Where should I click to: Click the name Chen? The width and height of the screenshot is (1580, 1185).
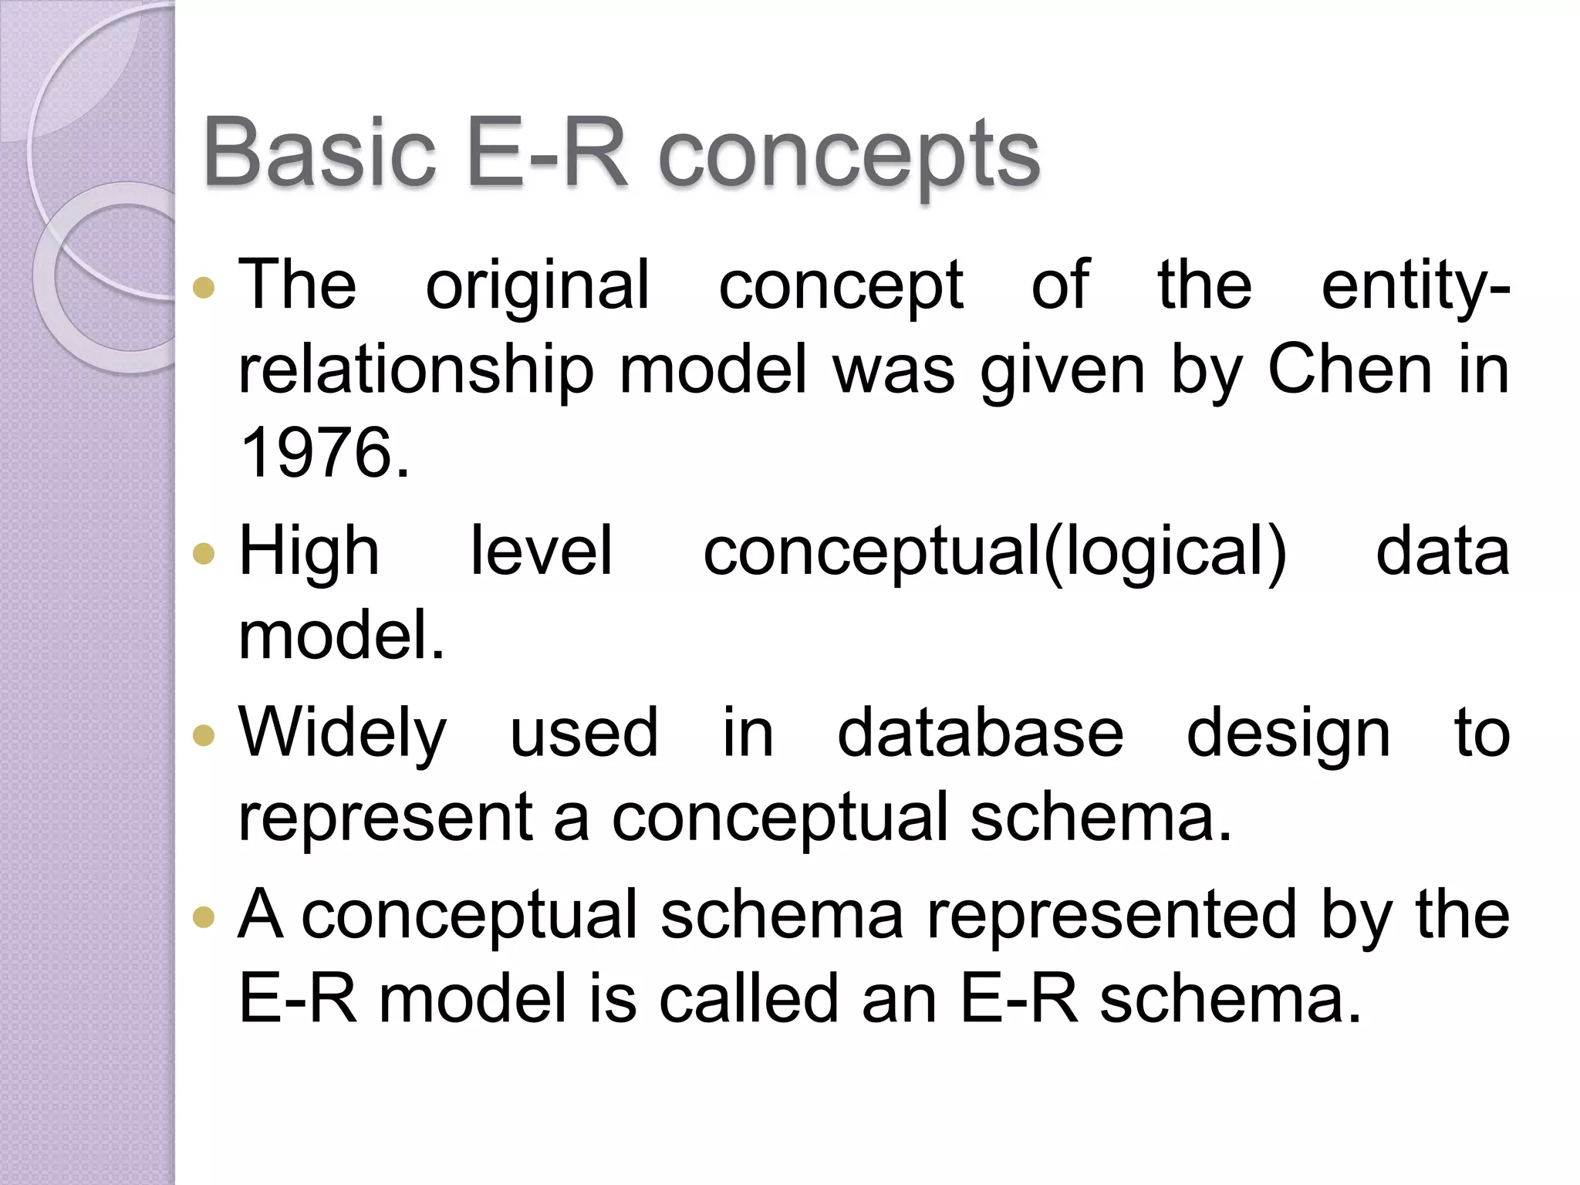pyautogui.click(x=1349, y=370)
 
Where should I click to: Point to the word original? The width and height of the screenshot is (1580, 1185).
pyautogui.click(x=538, y=287)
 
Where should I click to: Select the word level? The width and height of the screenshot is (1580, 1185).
pyautogui.click(x=542, y=551)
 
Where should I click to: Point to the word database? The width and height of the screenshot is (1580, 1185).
pyautogui.click(x=980, y=733)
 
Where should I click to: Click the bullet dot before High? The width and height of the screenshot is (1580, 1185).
pyautogui.click(x=204, y=553)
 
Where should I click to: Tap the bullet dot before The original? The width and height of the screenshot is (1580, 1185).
pyautogui.click(x=204, y=288)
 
